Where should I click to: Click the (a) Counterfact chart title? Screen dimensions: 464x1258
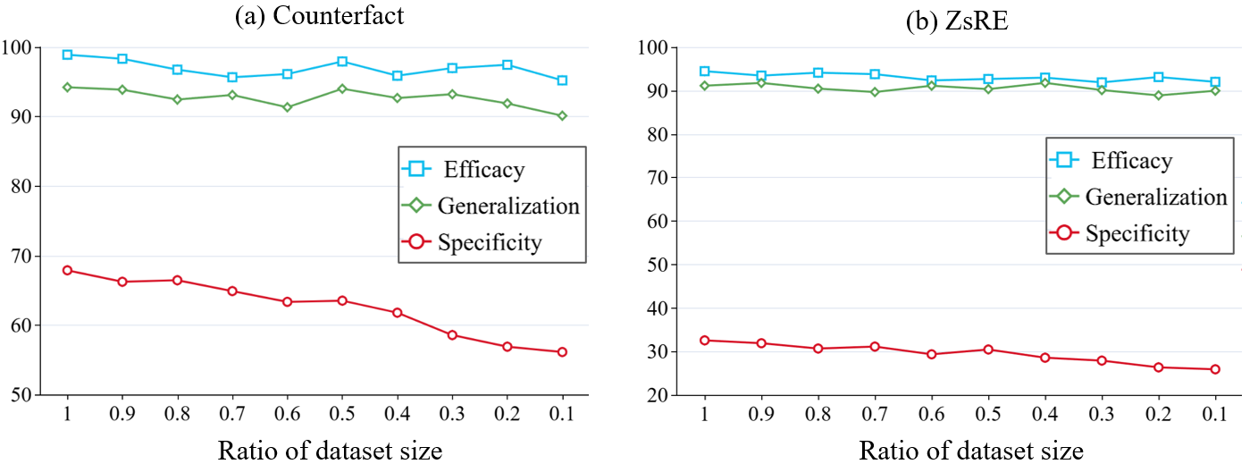319,16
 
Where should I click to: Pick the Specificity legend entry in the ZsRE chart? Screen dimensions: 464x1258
1136,233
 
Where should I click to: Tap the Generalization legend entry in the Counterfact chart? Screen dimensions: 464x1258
507,206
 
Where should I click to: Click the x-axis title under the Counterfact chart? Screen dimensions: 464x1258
330,450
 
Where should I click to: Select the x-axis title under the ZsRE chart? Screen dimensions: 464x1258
971,451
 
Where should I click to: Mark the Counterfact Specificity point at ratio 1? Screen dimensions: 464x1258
67,270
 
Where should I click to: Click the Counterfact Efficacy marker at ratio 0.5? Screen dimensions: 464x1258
341,62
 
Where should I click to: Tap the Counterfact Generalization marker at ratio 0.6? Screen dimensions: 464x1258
287,107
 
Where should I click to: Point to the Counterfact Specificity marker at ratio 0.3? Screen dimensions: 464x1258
452,335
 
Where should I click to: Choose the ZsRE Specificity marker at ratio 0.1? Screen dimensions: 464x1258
1215,369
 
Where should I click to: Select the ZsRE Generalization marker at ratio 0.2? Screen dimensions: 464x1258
1158,95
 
